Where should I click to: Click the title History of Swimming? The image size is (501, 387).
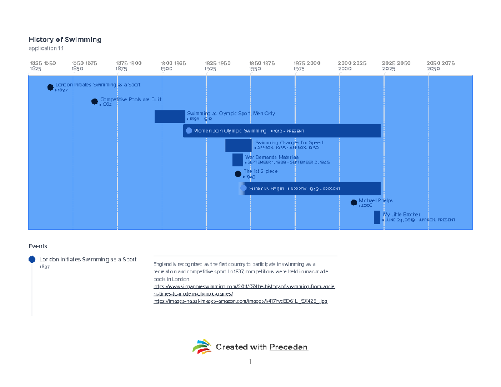tap(65, 40)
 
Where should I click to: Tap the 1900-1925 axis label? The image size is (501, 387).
tap(173, 63)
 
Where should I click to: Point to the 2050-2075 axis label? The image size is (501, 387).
tap(440, 63)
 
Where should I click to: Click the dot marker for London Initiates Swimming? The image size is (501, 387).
tap(51, 87)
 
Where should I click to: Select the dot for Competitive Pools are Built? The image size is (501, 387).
tap(95, 101)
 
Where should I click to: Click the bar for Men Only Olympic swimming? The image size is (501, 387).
tap(170, 116)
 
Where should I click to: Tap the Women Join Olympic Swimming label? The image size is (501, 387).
tap(230, 131)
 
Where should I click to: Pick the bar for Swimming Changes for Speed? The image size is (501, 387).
tap(238, 145)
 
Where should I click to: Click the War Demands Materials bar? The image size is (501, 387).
tap(238, 160)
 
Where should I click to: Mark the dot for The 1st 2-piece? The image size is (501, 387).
tap(238, 174)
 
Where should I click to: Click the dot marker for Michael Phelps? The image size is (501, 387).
tap(354, 203)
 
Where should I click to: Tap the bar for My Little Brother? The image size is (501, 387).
tap(377, 218)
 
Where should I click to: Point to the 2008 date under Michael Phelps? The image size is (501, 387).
tap(367, 206)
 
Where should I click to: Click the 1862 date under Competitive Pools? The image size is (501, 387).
tap(107, 104)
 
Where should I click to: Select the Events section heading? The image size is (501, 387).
tap(38, 246)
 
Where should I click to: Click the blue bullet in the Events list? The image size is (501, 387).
tap(32, 259)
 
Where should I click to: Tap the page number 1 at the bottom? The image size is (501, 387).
tap(250, 362)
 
